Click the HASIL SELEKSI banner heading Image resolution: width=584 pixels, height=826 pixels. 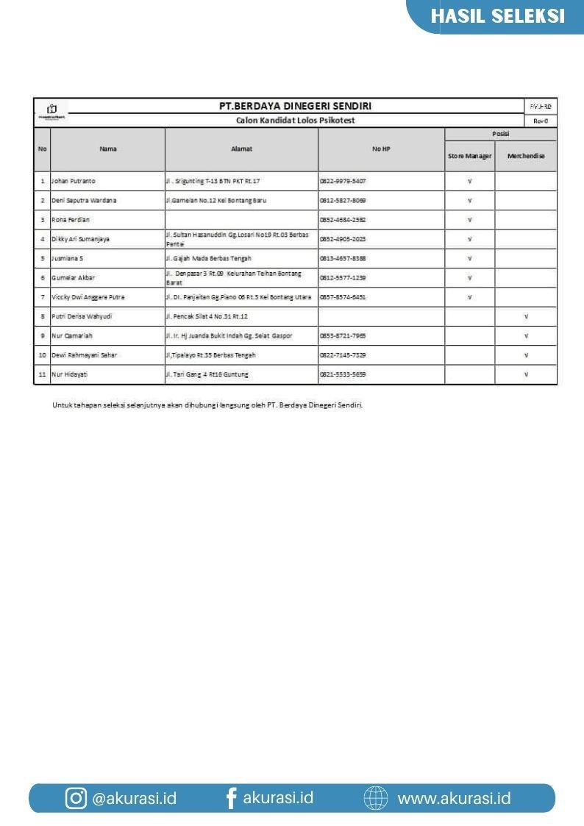tap(497, 16)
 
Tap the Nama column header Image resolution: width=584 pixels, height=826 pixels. tap(108, 149)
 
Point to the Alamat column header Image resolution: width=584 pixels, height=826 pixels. tap(241, 149)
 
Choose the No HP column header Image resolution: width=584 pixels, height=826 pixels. tap(381, 149)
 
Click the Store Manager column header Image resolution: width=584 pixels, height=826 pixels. tap(469, 156)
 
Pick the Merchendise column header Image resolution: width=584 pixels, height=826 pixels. tap(526, 156)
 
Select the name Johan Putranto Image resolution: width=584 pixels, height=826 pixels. tap(74, 181)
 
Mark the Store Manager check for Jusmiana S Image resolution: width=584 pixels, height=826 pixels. tap(469, 258)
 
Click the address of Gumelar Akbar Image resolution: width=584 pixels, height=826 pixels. tap(233, 277)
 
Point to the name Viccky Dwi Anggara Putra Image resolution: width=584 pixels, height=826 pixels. tap(88, 297)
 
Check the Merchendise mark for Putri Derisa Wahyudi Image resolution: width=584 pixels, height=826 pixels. tap(526, 316)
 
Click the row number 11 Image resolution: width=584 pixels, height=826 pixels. tap(42, 374)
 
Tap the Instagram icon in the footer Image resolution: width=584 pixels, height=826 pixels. tap(76, 798)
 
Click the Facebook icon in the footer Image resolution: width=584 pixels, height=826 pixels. tap(231, 798)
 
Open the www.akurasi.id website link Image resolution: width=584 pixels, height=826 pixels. tap(454, 798)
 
